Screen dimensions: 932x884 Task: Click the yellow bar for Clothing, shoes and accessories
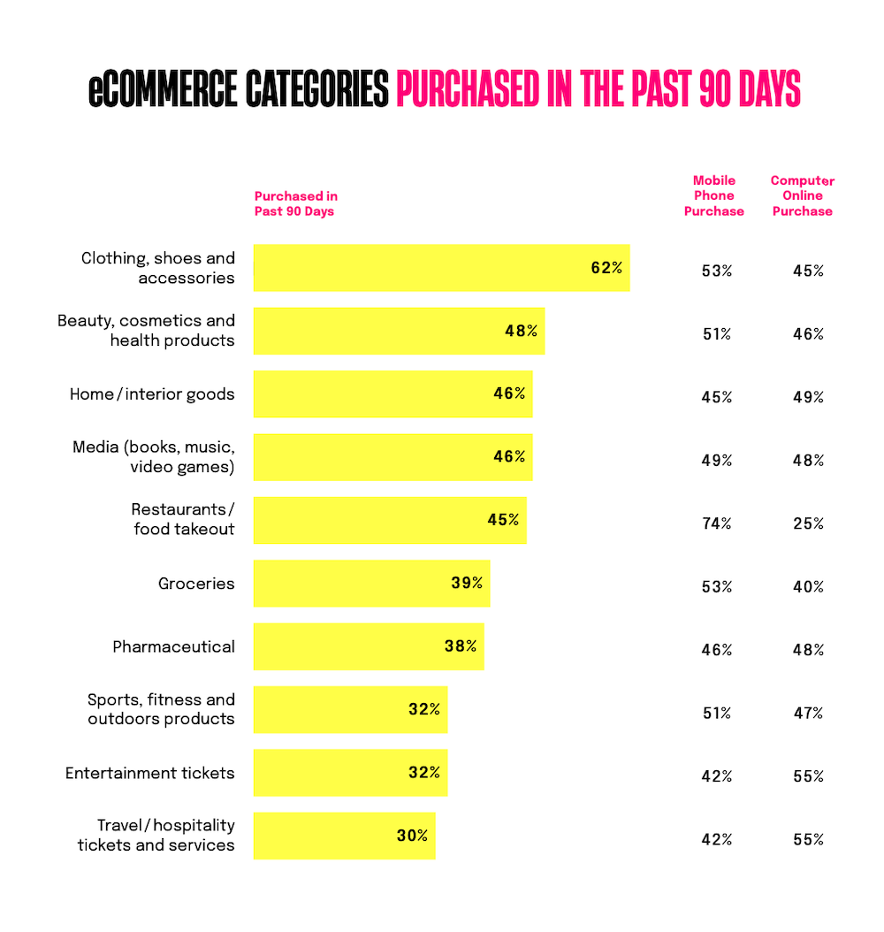tap(424, 268)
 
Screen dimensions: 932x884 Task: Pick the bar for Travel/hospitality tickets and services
tap(336, 836)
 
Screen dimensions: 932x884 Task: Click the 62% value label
tap(606, 268)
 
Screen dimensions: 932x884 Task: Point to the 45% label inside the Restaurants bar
tap(503, 520)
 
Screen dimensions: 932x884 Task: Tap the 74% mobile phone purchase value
tap(716, 523)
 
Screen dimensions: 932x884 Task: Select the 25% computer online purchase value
tap(808, 523)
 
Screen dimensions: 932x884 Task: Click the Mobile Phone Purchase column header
tap(714, 195)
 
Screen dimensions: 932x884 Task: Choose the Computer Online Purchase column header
tap(803, 195)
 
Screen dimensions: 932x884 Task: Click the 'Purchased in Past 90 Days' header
tap(295, 203)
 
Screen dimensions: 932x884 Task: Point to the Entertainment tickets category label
tap(150, 774)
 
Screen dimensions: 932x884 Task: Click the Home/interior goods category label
tap(152, 394)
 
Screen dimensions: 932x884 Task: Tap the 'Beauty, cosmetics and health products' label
tap(147, 331)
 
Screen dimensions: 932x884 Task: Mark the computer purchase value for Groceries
tap(808, 587)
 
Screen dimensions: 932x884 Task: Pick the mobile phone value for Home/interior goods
tap(716, 397)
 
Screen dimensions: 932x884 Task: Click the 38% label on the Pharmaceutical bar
tap(460, 646)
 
